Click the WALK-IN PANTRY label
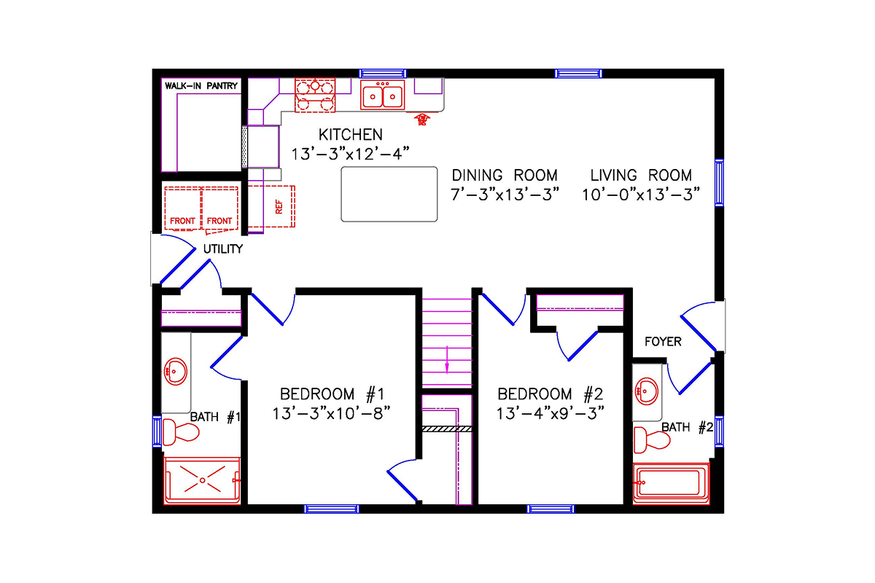201,86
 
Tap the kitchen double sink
382,95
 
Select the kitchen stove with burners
315,95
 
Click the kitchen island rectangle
389,193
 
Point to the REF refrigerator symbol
278,207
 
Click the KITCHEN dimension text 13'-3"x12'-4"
350,153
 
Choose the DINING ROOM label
505,176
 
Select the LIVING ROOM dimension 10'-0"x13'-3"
641,195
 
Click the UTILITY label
222,249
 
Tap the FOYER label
663,341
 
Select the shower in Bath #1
202,481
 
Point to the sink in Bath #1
175,372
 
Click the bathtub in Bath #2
671,483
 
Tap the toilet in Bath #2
651,439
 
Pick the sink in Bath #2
646,391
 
